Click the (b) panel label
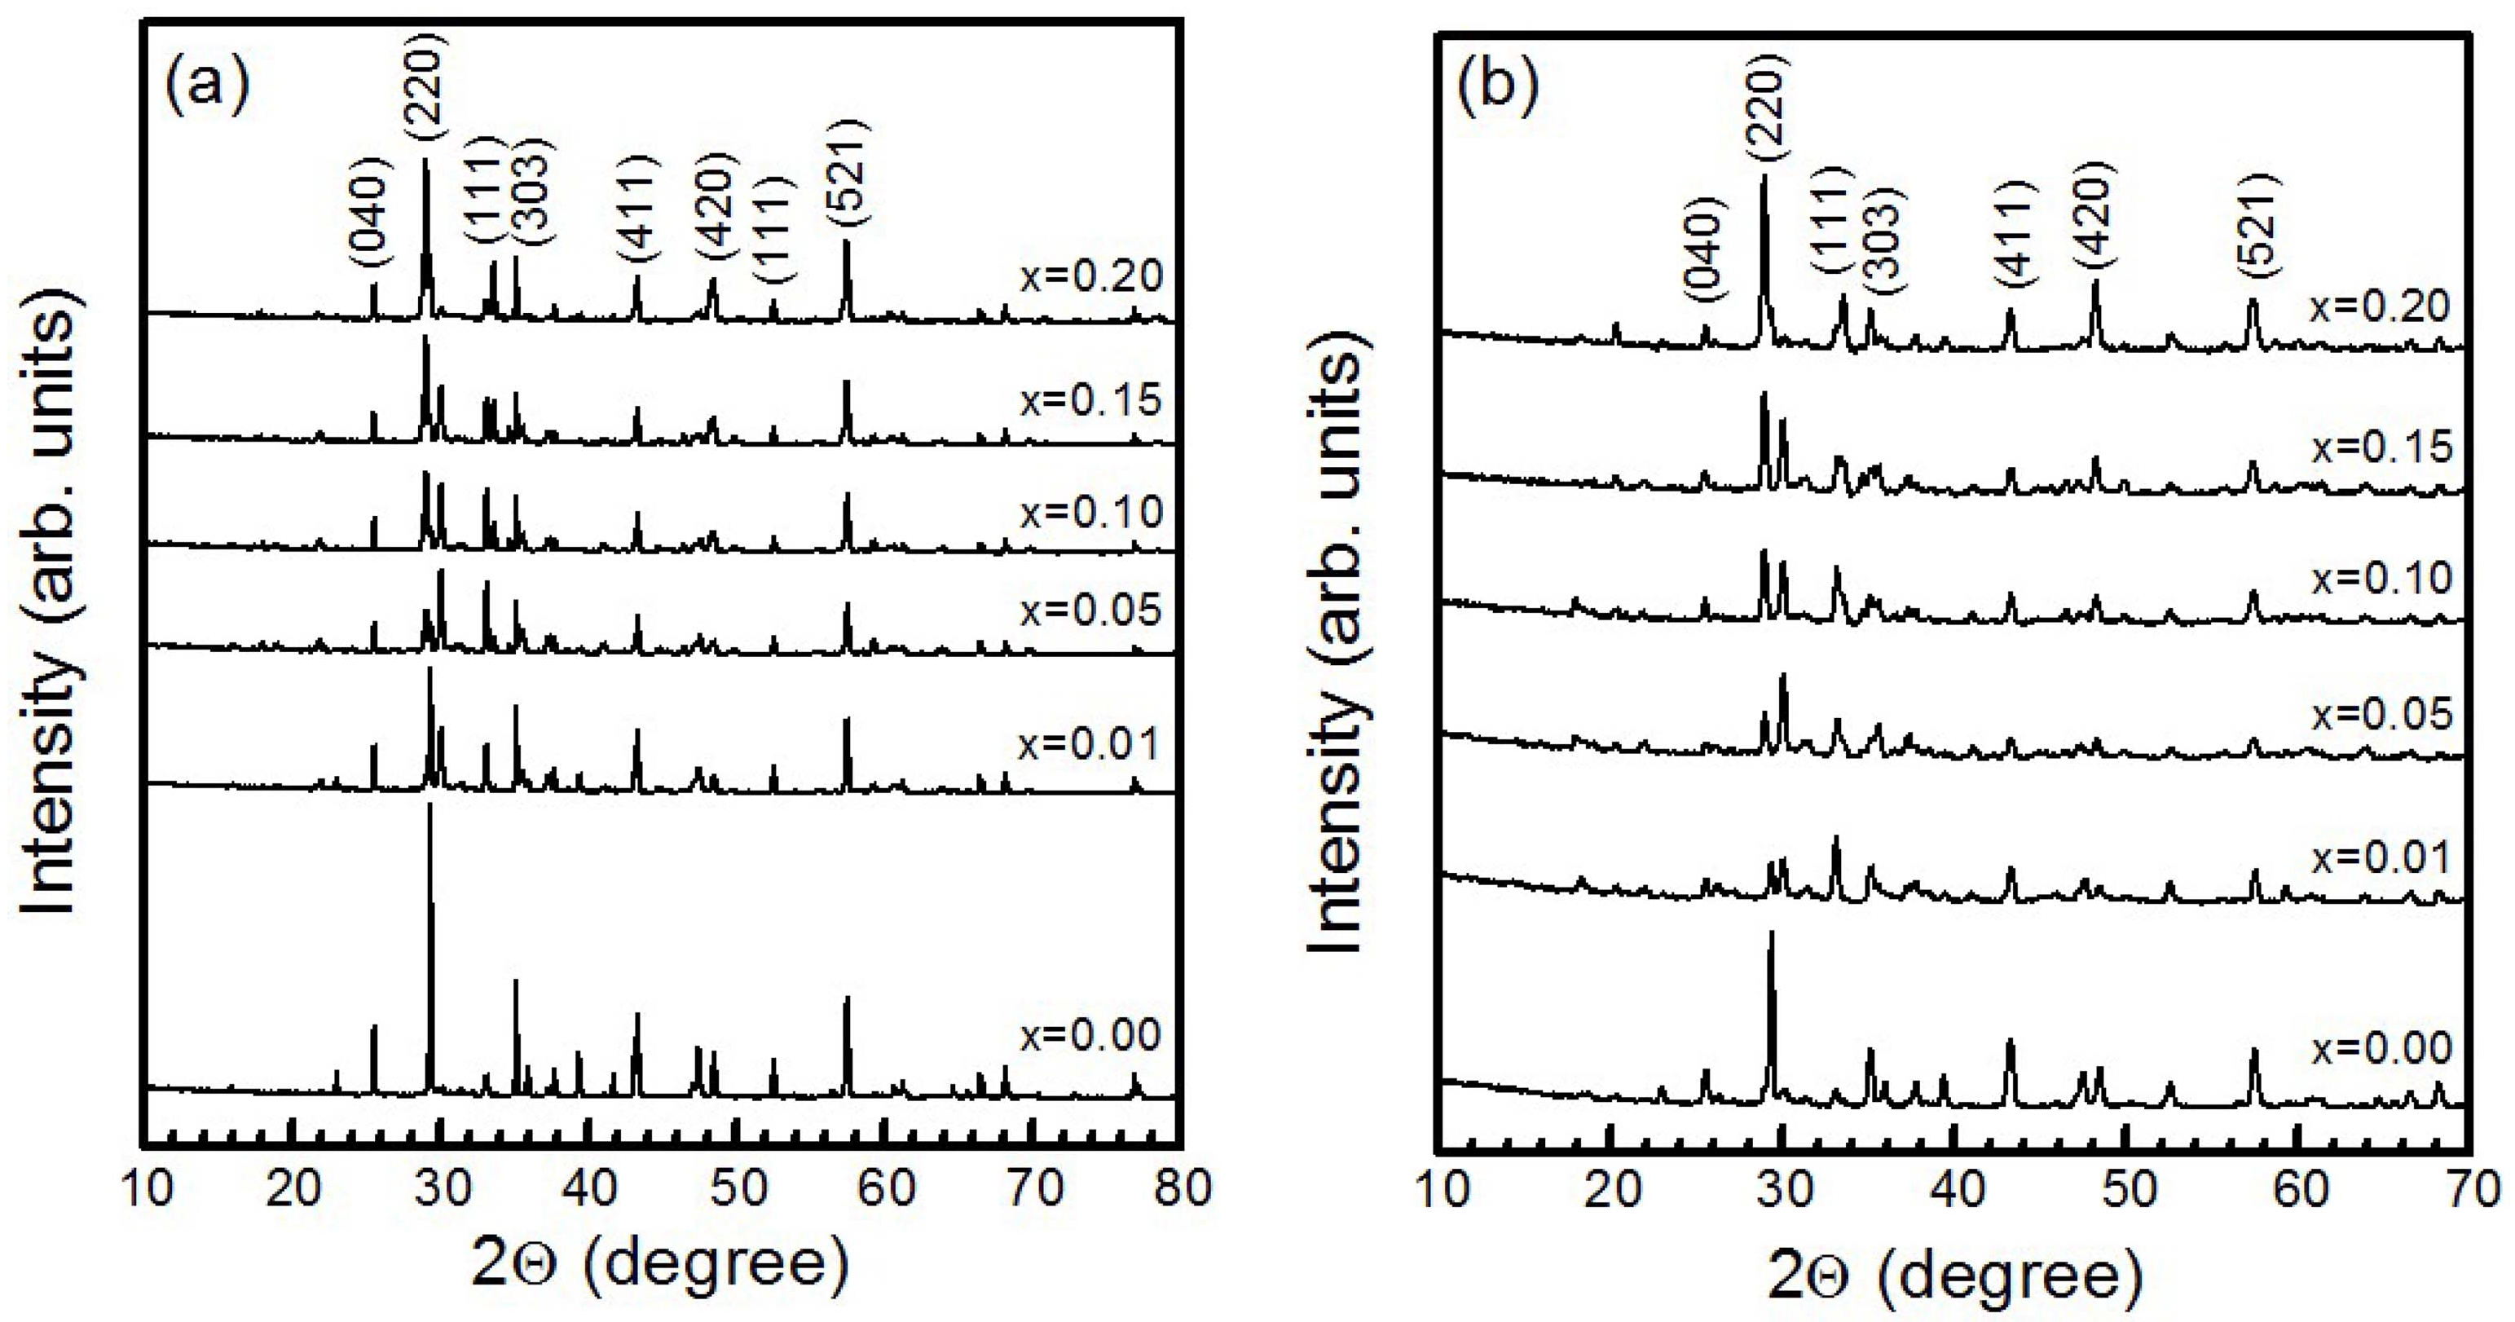(x=1498, y=85)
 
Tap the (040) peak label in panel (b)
(x=1706, y=244)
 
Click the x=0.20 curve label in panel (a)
(x=1091, y=276)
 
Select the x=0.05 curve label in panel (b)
(x=2381, y=714)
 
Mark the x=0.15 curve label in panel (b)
(x=2381, y=446)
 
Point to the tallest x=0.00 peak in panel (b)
(x=1771, y=936)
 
